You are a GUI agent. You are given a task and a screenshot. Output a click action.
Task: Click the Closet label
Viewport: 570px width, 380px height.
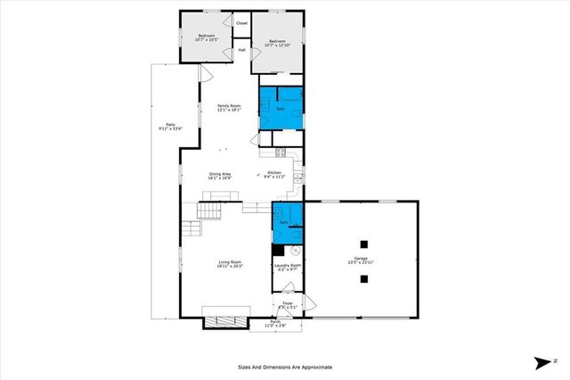click(242, 22)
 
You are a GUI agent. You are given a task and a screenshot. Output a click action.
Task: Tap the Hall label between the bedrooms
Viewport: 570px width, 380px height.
click(241, 50)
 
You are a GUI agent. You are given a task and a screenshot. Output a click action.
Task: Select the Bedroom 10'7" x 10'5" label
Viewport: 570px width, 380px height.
click(207, 37)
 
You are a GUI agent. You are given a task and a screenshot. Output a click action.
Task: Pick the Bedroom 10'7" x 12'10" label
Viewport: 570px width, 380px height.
click(278, 43)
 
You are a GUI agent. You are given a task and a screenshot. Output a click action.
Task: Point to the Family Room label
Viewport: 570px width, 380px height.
click(230, 108)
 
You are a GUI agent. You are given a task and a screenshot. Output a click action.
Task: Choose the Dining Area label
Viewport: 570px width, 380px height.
click(221, 176)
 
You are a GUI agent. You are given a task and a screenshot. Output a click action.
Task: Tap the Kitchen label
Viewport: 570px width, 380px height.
click(275, 174)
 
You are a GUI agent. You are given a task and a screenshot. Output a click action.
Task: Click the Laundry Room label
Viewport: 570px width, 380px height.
click(288, 267)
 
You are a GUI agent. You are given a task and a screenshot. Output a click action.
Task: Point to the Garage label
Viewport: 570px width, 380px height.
click(361, 262)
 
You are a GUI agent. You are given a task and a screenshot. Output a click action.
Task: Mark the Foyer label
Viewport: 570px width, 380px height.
click(288, 305)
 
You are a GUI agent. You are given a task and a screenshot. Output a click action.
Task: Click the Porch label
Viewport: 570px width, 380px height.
click(275, 324)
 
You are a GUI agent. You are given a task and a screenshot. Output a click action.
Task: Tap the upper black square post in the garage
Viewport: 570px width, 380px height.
click(363, 244)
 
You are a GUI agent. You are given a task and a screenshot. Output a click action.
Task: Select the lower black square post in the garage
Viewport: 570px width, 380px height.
click(363, 279)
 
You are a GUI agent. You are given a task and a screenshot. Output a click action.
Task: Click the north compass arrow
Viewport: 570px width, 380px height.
click(542, 361)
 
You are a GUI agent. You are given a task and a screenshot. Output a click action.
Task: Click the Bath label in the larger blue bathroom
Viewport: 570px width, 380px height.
click(281, 109)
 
